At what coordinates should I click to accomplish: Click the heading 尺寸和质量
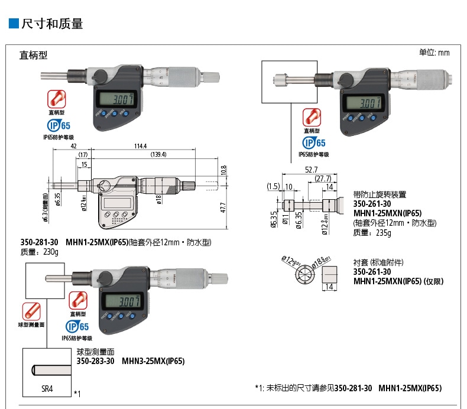(x=52, y=24)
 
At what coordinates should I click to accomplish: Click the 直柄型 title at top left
(x=33, y=56)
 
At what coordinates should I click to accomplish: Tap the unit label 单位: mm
(x=434, y=53)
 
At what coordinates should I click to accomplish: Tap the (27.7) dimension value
(x=323, y=178)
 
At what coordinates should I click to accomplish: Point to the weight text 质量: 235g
(x=372, y=233)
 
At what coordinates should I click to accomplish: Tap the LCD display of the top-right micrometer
(x=361, y=103)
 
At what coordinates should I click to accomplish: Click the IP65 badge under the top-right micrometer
(x=314, y=142)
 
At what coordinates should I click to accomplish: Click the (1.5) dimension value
(x=273, y=186)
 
